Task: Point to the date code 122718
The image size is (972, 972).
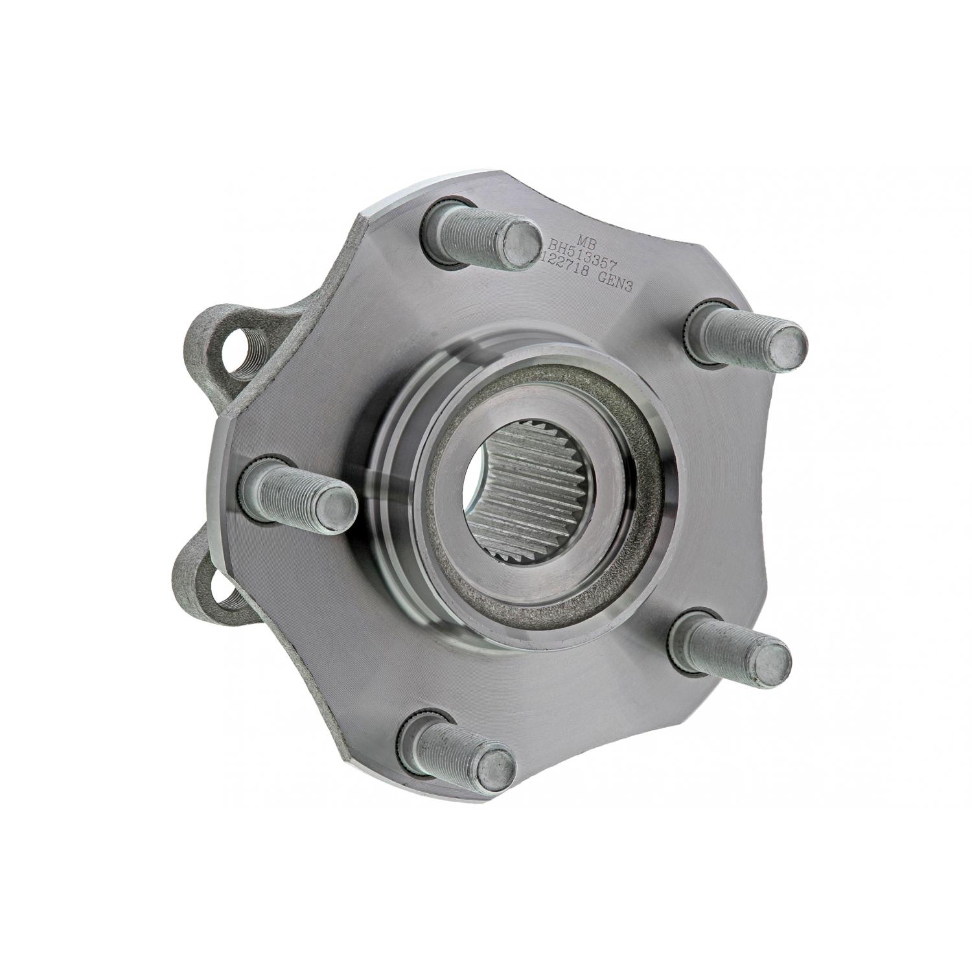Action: tap(564, 269)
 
